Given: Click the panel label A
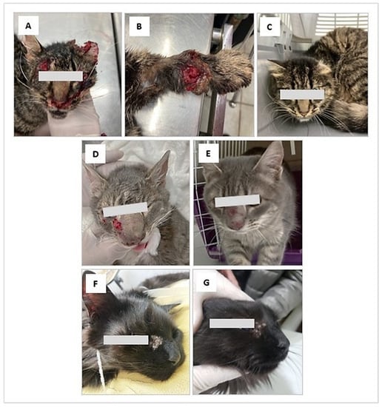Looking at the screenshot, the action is (x=28, y=26).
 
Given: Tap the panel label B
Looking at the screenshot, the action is (x=139, y=27).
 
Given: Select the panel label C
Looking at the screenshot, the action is (x=269, y=27).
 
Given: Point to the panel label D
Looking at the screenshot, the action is (x=95, y=154).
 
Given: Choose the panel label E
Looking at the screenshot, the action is (x=208, y=154).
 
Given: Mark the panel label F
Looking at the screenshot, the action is (x=95, y=284).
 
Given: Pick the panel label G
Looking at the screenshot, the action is (x=207, y=283).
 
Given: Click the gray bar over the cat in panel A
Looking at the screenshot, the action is (x=61, y=76).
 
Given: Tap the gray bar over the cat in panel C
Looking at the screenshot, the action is (x=302, y=95).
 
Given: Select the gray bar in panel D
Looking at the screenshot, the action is (x=125, y=209).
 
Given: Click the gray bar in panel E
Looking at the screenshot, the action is (x=238, y=201).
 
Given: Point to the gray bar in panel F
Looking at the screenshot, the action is (x=126, y=340).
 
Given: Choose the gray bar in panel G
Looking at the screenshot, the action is (x=232, y=323).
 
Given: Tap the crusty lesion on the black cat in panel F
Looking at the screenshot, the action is (x=157, y=342).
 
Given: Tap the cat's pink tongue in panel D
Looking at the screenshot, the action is (x=140, y=248).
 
